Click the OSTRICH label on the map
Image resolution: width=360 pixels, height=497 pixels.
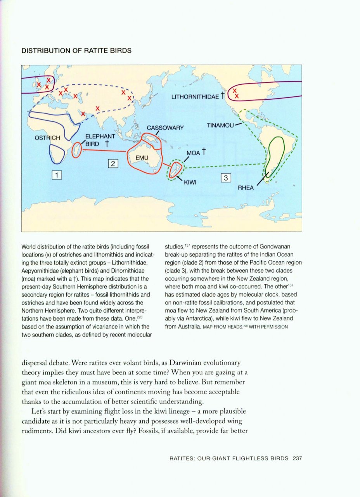pyautogui.click(x=47, y=138)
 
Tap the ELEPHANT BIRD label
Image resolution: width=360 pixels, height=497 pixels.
pyautogui.click(x=100, y=140)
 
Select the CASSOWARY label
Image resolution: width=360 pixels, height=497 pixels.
pyautogui.click(x=165, y=128)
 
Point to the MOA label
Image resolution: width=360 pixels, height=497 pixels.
pyautogui.click(x=193, y=153)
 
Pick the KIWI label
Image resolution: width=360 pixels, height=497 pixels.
pyautogui.click(x=190, y=182)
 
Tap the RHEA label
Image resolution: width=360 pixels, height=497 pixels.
pyautogui.click(x=246, y=188)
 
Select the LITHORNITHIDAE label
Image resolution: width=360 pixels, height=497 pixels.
pyautogui.click(x=195, y=97)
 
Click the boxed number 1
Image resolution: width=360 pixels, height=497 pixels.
pyautogui.click(x=57, y=175)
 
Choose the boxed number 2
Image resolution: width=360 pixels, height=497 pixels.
pyautogui.click(x=112, y=163)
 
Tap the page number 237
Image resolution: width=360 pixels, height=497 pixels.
pyautogui.click(x=298, y=458)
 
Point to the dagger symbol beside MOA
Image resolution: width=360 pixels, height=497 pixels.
pyautogui.click(x=203, y=152)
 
